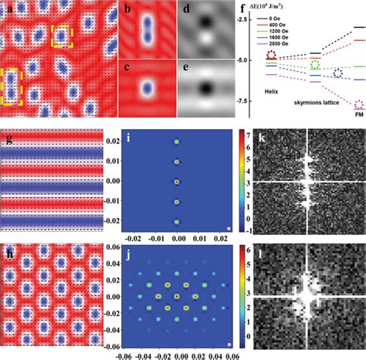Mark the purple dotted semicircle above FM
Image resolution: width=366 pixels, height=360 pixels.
358,104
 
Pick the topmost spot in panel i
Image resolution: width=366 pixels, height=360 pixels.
177,142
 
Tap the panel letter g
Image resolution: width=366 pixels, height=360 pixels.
8,139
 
